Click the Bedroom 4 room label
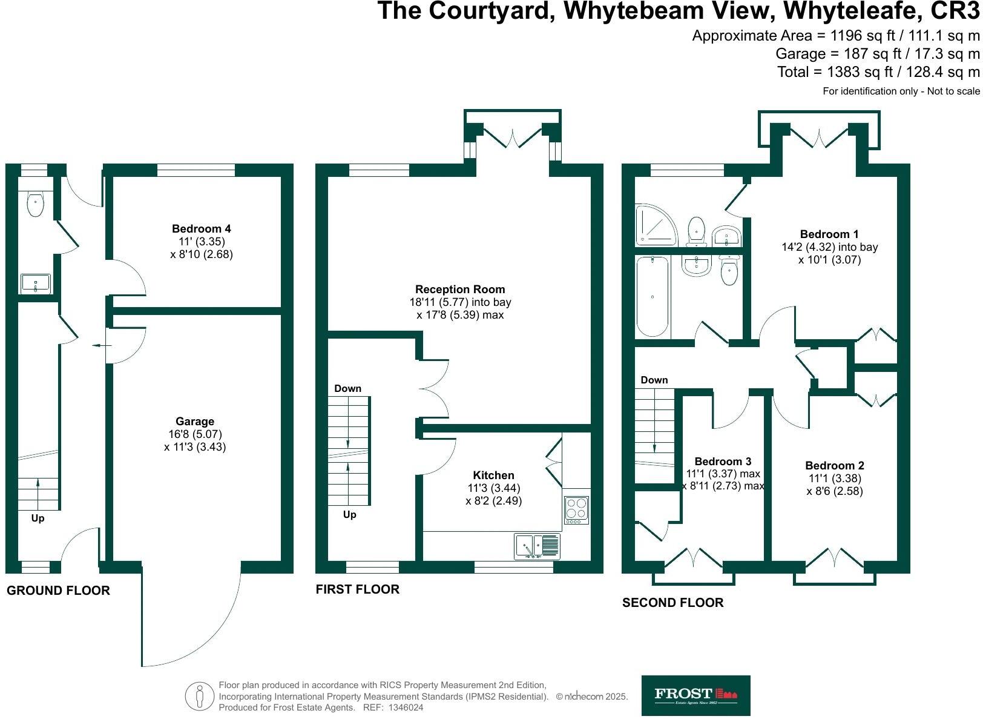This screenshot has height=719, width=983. [201, 229]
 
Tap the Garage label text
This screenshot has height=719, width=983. [195, 422]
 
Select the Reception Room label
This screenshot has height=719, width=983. [460, 290]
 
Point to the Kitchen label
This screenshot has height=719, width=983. [493, 475]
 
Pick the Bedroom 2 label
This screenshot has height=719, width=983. [835, 466]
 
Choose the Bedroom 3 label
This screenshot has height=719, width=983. [723, 462]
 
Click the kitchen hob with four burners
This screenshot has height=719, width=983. [576, 510]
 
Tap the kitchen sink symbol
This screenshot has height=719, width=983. [537, 546]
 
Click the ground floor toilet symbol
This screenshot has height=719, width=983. [36, 204]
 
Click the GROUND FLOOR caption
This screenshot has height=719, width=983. [58, 591]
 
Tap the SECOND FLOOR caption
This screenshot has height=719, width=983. [672, 603]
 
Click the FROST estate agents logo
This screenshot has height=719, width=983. [695, 695]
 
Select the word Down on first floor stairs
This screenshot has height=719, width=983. [347, 388]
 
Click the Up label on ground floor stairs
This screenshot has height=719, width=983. [38, 519]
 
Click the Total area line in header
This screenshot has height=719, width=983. [878, 72]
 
